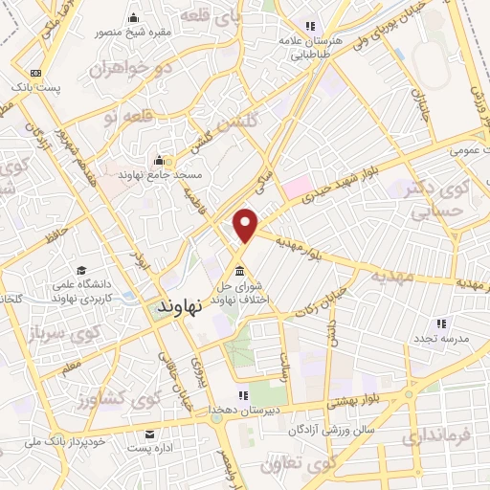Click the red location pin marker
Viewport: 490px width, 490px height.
click(246, 224)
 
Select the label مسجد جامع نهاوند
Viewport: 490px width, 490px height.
click(157, 176)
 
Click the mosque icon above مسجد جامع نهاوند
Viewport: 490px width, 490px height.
click(159, 160)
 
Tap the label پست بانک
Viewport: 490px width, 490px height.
click(36, 89)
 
